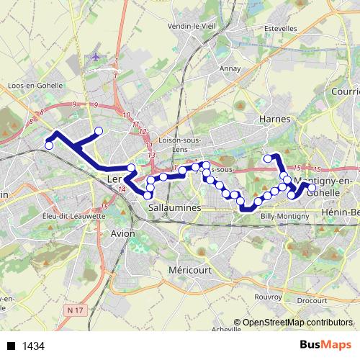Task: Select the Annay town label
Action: [230, 69]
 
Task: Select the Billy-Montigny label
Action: [284, 216]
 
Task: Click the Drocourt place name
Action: [312, 300]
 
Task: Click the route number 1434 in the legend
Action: [34, 346]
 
